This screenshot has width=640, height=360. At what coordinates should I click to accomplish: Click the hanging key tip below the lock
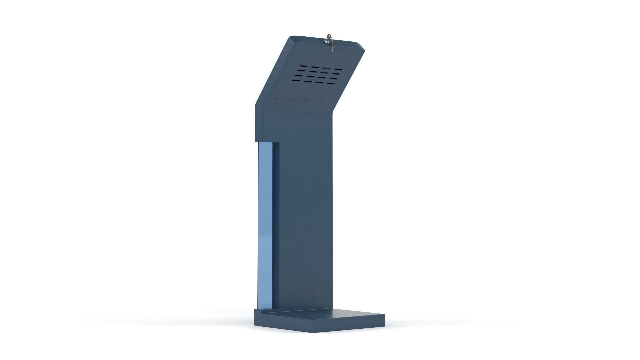(332, 50)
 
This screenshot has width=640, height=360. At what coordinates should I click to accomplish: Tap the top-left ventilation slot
(302, 67)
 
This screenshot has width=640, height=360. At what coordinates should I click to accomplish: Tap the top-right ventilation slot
(338, 70)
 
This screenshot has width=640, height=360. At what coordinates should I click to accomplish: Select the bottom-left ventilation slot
(296, 80)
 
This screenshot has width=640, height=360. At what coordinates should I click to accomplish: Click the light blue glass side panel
(265, 227)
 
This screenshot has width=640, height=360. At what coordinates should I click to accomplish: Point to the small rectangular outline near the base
(312, 288)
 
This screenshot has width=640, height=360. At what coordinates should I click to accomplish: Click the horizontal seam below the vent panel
(300, 99)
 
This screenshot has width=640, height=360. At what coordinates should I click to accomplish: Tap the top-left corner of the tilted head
(291, 37)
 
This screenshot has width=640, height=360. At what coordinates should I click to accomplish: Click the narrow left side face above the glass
(259, 123)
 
